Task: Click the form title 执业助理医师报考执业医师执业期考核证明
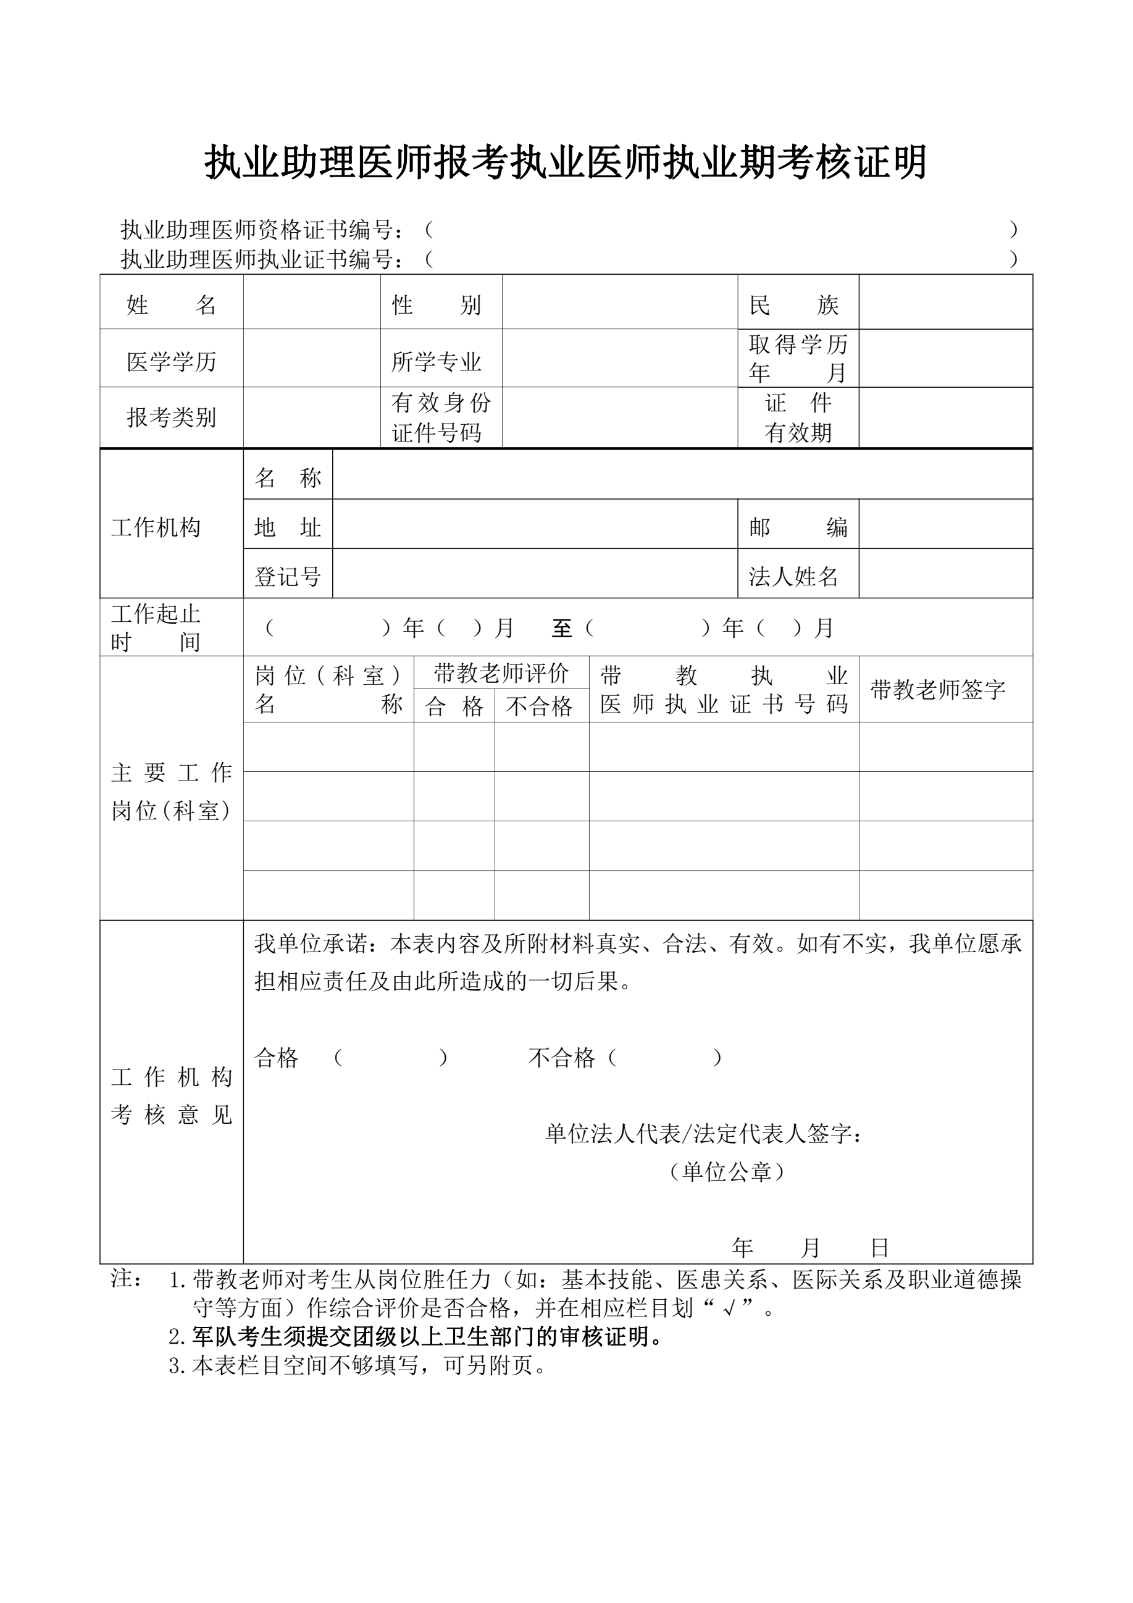point(566,162)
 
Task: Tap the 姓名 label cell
point(171,305)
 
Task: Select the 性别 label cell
point(437,305)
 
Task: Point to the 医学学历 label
point(171,362)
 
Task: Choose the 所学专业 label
point(437,362)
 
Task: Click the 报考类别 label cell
point(171,417)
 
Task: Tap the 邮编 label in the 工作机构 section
point(797,527)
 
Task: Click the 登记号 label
point(287,577)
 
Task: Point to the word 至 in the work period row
point(562,629)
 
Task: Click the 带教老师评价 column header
point(501,673)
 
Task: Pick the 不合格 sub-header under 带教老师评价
point(539,706)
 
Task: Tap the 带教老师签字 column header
point(937,690)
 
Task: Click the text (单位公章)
point(726,1171)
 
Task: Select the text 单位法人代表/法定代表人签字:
point(703,1134)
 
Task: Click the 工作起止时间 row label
point(156,627)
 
